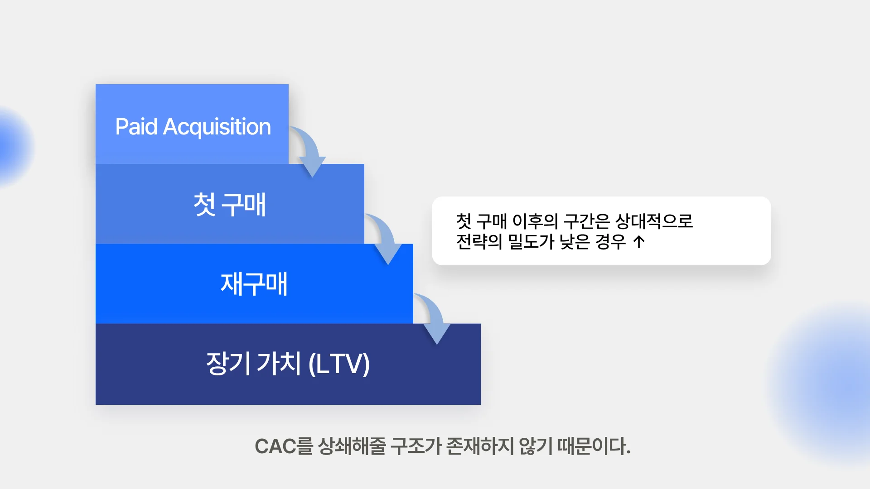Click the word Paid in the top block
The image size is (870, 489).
tap(136, 127)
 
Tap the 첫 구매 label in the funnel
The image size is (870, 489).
tap(230, 205)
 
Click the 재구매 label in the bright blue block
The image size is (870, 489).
tap(254, 284)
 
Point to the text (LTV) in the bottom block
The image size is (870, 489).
tap(339, 364)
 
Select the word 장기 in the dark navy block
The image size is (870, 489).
tap(228, 363)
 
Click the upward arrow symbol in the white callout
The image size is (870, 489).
tap(639, 242)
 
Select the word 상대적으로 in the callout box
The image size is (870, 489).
tap(654, 221)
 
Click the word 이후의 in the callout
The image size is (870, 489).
tap(535, 221)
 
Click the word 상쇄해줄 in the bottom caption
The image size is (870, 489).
tap(352, 446)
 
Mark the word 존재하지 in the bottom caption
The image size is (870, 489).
tap(480, 446)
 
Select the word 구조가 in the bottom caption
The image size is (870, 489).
tap(416, 446)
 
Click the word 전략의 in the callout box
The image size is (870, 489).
tap(479, 242)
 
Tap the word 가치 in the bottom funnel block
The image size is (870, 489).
tap(279, 363)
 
